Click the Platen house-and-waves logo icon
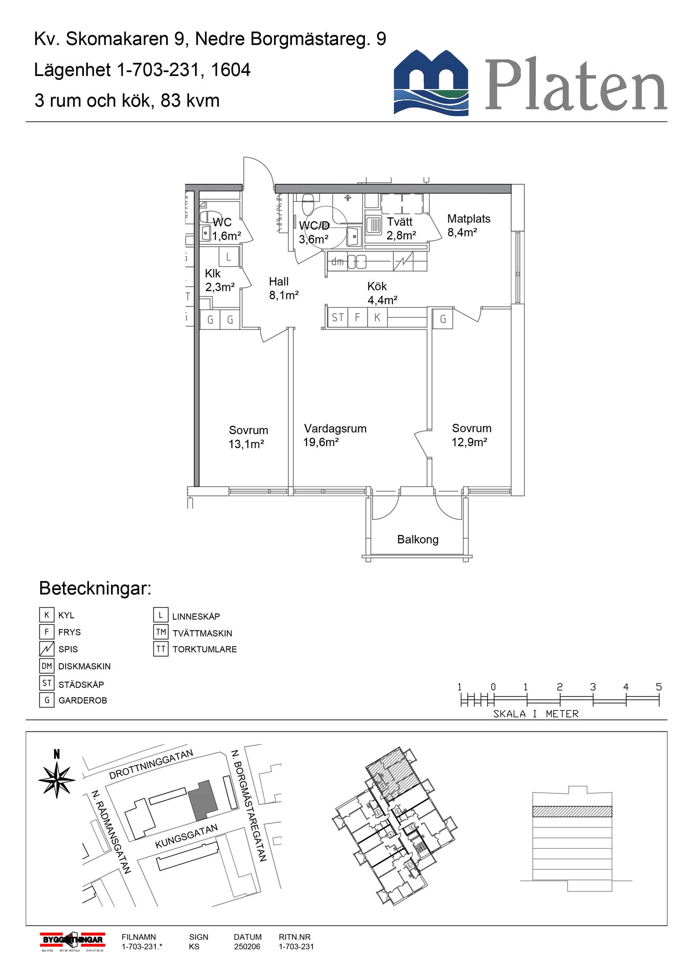pos(431,82)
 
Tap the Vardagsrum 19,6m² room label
pos(335,435)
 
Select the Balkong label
pos(417,539)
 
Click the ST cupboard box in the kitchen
pos(337,318)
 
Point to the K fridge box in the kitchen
pos(377,318)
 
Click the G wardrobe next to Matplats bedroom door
pos(442,319)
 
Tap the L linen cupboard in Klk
pos(228,256)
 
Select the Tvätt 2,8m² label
pos(401,228)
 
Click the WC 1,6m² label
pos(225,229)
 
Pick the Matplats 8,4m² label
pos(468,225)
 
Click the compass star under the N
pos(57,779)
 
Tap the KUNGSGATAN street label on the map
pos(186,836)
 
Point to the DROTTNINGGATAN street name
pos(151,764)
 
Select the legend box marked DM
pos(47,666)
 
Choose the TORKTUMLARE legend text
pos(205,649)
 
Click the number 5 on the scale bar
pos(659,687)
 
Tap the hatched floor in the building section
pos(572,811)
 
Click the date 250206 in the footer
pos(247,947)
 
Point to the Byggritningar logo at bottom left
pos(72,940)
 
